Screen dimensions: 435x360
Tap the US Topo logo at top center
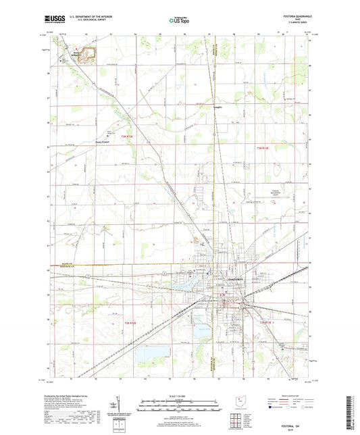click(178, 20)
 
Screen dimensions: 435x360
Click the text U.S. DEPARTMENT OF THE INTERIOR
click(84, 17)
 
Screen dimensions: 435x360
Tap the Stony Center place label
click(100, 142)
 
